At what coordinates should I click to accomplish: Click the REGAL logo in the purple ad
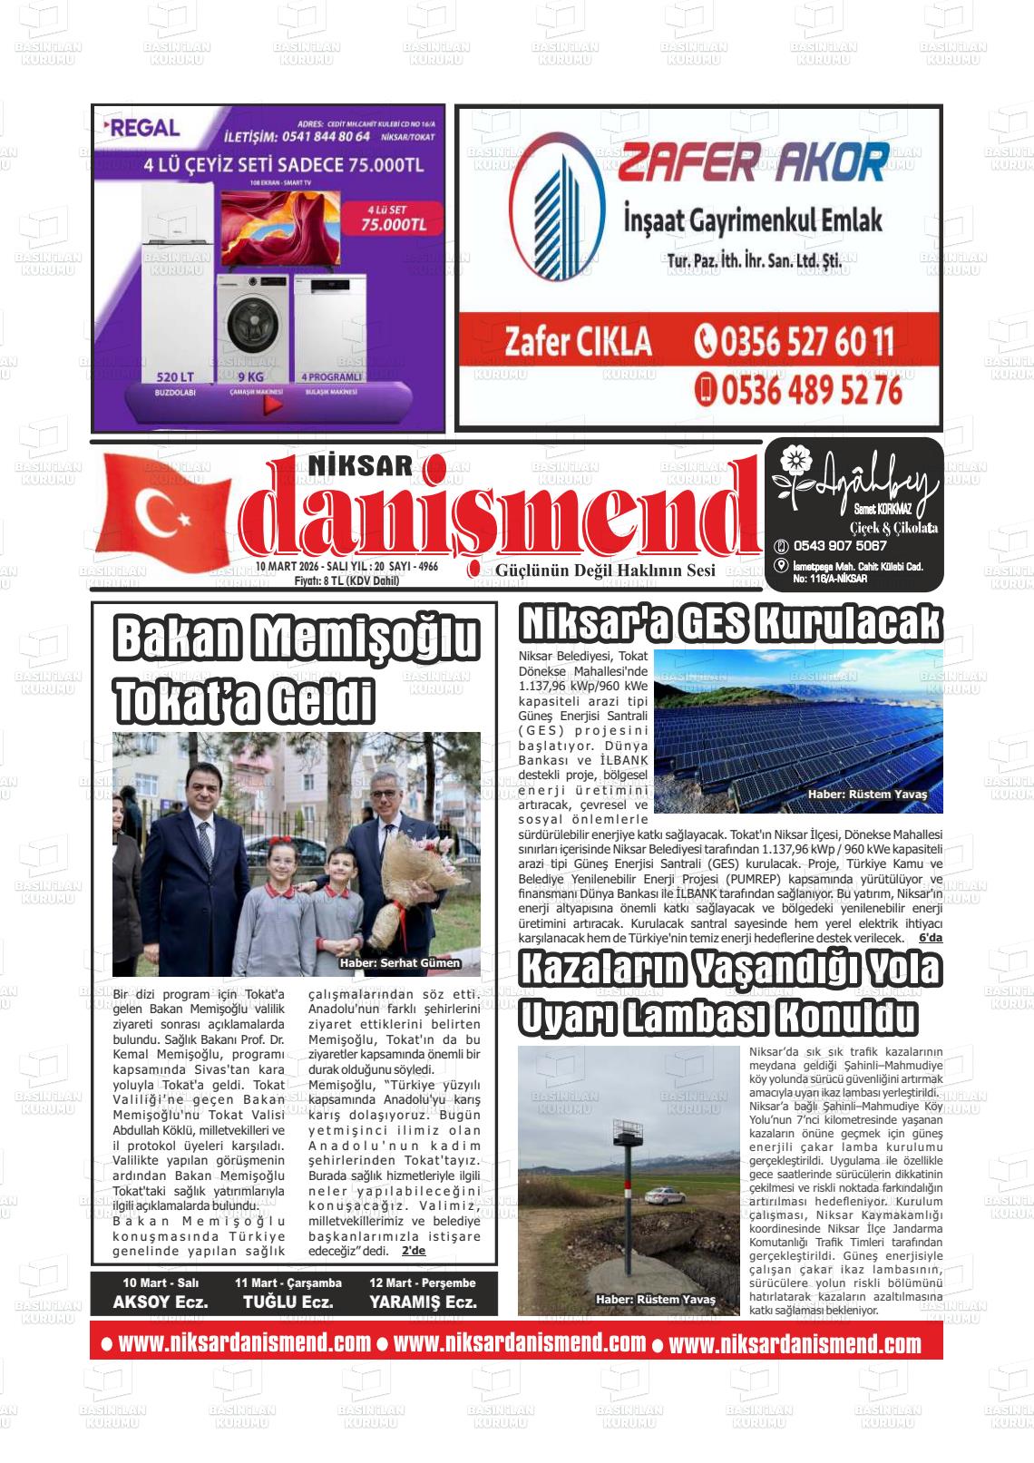[x=143, y=128]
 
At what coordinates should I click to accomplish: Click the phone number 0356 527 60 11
[x=795, y=342]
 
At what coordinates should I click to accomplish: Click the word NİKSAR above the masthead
[x=361, y=466]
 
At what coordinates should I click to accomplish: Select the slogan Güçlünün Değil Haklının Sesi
[x=605, y=571]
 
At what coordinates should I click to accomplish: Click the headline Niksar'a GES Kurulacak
[x=730, y=624]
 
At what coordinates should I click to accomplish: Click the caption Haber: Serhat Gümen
[x=399, y=963]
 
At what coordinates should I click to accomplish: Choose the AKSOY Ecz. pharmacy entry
[x=161, y=1302]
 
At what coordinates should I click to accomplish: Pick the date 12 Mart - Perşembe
[x=422, y=1283]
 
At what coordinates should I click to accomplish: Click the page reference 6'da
[x=931, y=937]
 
